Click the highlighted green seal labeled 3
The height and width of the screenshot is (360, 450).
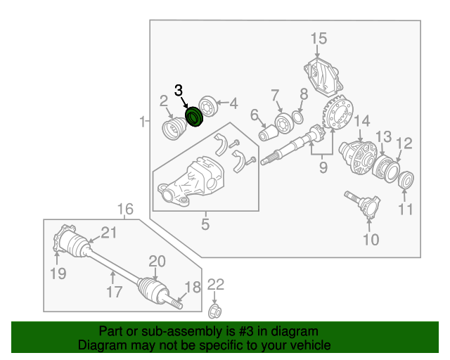point(193,117)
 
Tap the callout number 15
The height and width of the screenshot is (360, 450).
point(319,38)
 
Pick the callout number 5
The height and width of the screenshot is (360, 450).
point(205,225)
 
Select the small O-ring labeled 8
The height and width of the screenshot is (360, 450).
point(298,117)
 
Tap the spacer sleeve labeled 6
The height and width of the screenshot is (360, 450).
point(267,131)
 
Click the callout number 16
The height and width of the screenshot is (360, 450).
point(124,209)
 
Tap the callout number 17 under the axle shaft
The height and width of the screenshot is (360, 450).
point(114,291)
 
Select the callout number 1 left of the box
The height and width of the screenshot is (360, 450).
point(143,122)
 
